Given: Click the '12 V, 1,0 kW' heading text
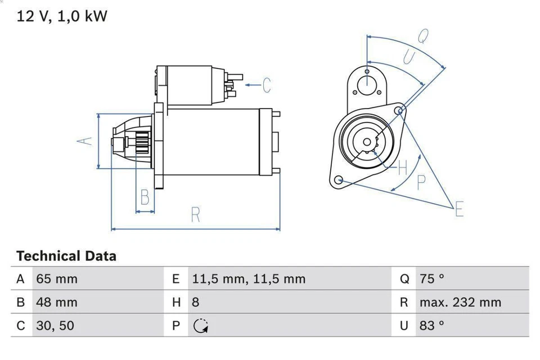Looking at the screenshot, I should point(62,16).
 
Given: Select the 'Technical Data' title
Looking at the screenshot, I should point(66,256).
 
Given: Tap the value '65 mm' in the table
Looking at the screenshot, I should point(57,279).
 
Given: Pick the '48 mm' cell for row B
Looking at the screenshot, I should point(57,303).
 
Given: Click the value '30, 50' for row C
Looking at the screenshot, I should point(55,326).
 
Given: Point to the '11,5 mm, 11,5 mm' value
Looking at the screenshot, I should point(249,279).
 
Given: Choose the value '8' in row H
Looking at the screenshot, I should point(196,303).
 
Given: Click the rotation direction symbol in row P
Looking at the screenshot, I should point(200,326).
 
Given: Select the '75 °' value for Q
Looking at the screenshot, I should point(432,279).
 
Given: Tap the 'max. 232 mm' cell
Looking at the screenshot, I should point(460,303).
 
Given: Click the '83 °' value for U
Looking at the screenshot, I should point(432,326).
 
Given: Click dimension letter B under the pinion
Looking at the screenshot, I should point(145,197).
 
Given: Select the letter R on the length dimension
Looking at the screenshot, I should point(195,215).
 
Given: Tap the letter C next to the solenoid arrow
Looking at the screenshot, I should point(266,85).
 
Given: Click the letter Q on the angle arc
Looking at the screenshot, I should point(423,35).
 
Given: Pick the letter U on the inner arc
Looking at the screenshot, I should point(409,57).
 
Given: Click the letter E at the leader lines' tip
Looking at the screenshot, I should point(459,210).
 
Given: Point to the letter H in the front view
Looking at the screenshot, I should point(403,166).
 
